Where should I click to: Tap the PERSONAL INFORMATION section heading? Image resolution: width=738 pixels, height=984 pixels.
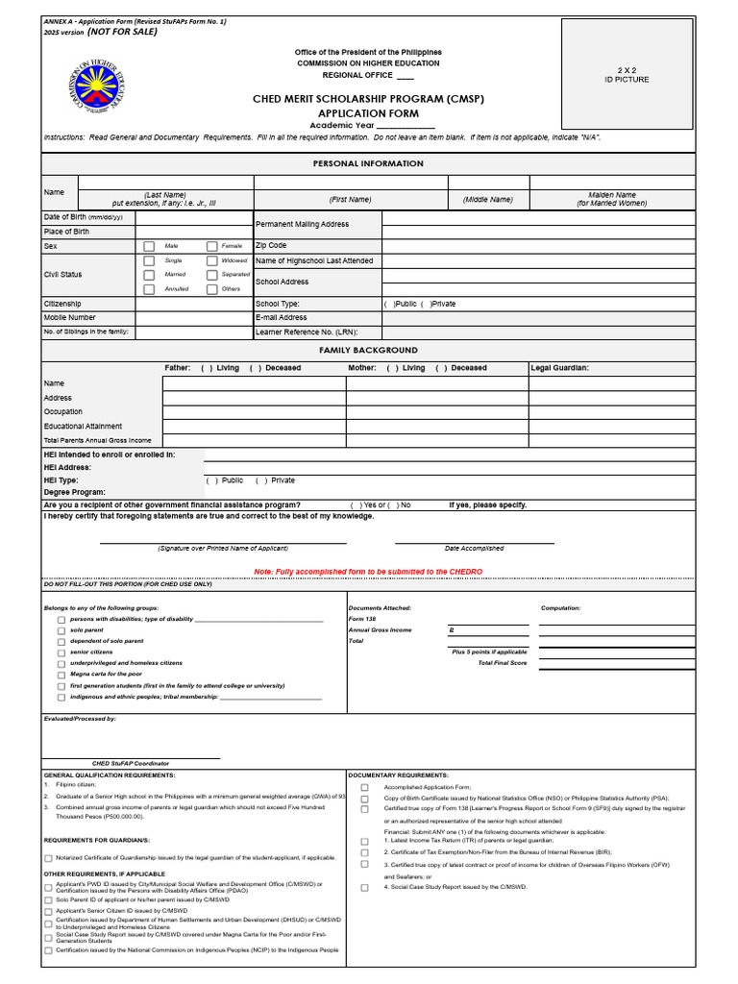click(x=368, y=163)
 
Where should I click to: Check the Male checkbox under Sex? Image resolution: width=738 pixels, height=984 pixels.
click(x=149, y=246)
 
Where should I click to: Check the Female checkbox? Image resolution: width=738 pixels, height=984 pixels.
click(x=211, y=246)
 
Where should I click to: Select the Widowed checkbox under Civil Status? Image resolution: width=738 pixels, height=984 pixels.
click(x=211, y=260)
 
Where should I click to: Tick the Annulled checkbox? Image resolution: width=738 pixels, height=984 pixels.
click(x=149, y=289)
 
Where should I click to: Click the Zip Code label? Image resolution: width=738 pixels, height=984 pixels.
click(x=271, y=246)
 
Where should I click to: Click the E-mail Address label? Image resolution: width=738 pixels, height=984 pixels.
click(x=282, y=317)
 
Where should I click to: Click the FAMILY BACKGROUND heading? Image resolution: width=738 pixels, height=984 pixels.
click(x=368, y=351)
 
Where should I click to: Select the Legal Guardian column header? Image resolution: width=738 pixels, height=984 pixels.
click(x=559, y=368)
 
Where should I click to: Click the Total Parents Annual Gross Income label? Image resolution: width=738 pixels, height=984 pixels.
click(x=97, y=440)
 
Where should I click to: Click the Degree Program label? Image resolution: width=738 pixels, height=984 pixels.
click(x=75, y=492)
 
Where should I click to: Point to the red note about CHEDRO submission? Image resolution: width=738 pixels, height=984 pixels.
click(x=368, y=572)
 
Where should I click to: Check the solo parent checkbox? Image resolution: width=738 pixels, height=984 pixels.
click(x=61, y=631)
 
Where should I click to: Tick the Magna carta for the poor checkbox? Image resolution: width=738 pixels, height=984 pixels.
click(x=61, y=676)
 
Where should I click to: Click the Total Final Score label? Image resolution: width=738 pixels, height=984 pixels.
click(x=503, y=663)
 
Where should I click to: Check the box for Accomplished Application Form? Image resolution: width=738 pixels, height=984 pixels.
click(x=364, y=787)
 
